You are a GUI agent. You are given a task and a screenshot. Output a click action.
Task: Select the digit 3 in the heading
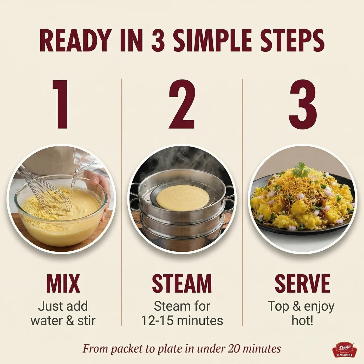[158, 40]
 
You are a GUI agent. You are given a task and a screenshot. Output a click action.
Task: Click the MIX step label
[63, 283]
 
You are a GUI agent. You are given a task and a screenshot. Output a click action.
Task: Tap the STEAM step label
[182, 283]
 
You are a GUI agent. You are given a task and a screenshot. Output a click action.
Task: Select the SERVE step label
[302, 283]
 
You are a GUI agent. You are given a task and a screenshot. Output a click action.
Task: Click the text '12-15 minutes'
[182, 321]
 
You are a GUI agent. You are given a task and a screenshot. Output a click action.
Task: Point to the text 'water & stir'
[63, 321]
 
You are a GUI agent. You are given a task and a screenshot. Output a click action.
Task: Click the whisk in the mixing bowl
[45, 189]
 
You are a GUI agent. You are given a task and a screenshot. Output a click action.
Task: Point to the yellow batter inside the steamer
[183, 198]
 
